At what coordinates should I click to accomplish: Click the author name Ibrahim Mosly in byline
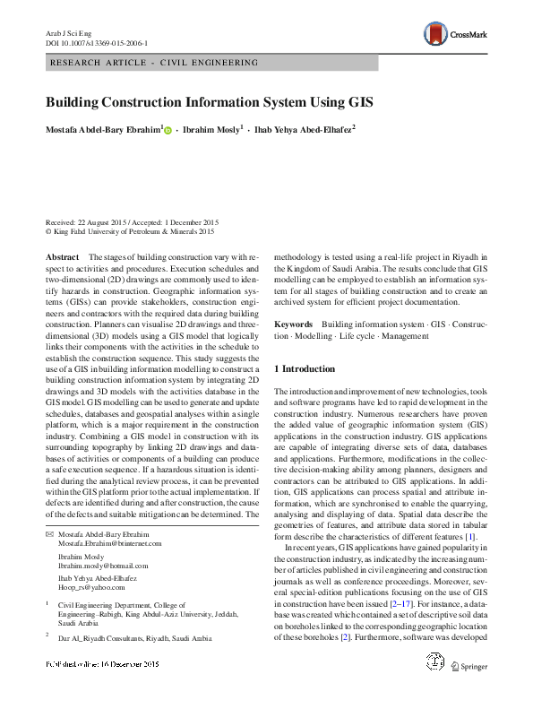tap(213, 130)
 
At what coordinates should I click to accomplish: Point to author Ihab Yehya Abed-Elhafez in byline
tap(305, 130)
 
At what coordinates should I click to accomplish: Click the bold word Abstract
tap(62, 257)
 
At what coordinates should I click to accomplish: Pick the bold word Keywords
tap(293, 324)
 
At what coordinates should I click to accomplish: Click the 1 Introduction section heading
tap(305, 369)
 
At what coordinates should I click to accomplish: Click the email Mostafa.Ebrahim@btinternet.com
tap(112, 544)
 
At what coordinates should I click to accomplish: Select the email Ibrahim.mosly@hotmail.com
tap(103, 566)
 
